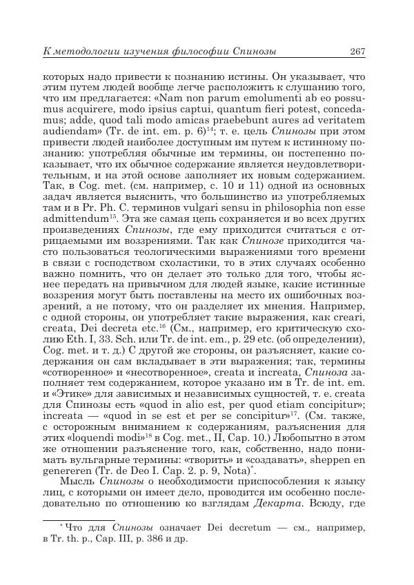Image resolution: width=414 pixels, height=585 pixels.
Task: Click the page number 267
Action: point(357,52)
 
